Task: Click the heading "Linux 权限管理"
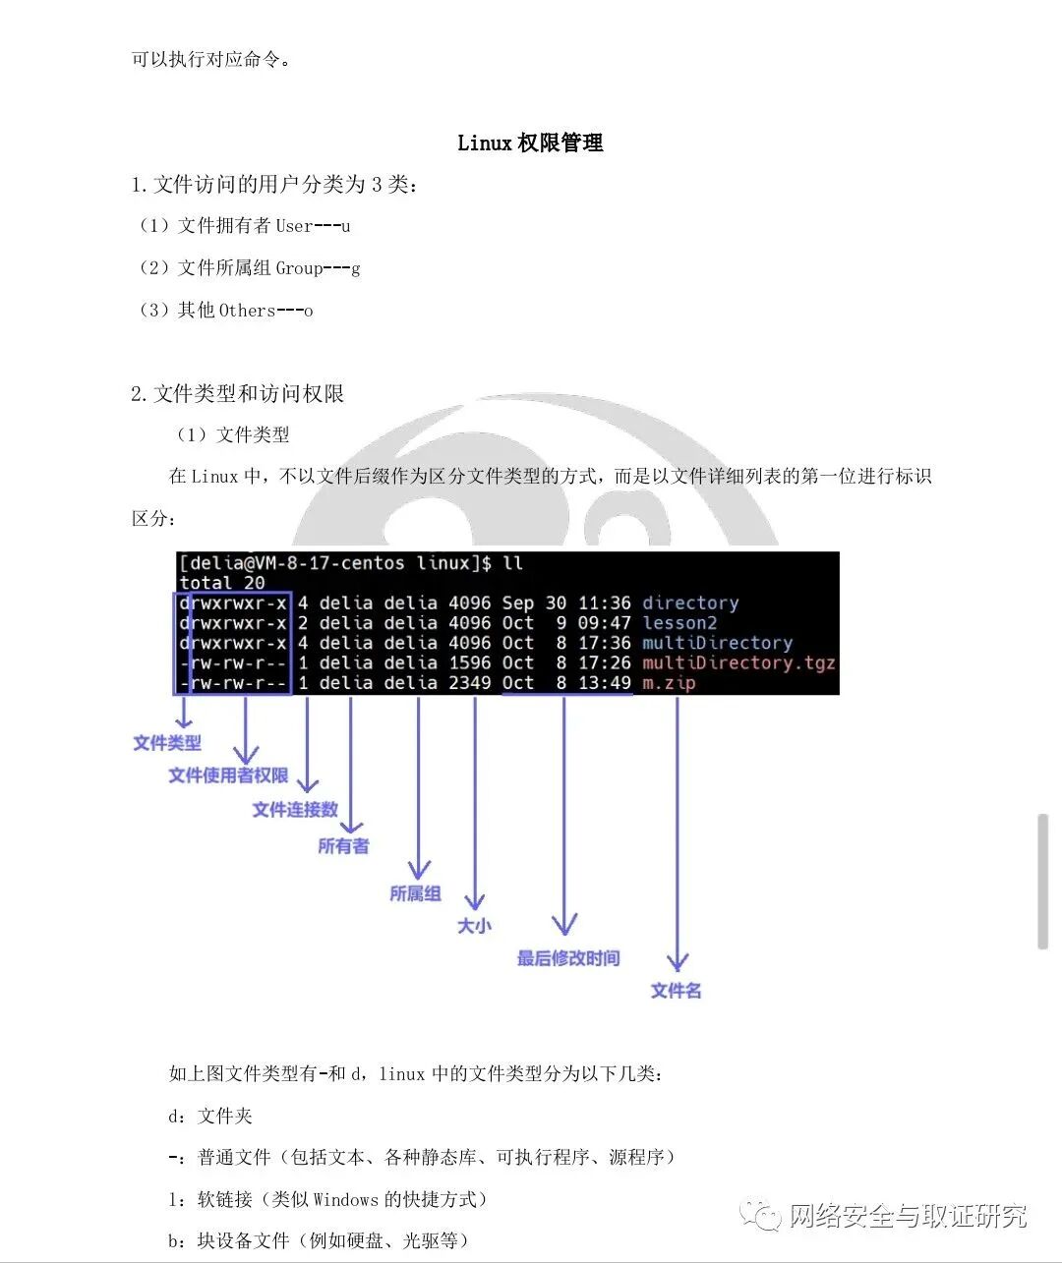(530, 144)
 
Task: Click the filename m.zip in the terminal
(669, 683)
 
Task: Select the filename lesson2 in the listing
(679, 623)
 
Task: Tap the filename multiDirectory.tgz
(738, 663)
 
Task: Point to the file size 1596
(470, 663)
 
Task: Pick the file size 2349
(470, 683)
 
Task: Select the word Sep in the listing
(518, 603)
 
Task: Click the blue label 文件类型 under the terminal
(167, 744)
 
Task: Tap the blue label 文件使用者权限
(228, 776)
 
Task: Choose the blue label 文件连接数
(295, 810)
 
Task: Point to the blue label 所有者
(343, 846)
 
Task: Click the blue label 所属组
(415, 894)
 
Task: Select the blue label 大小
(474, 926)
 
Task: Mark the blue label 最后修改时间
(568, 958)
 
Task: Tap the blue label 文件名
(676, 991)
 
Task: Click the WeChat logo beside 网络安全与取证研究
(762, 1216)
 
